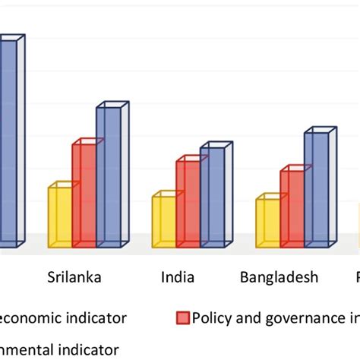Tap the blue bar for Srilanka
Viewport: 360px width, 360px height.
108,177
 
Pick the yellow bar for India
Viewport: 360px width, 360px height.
163,221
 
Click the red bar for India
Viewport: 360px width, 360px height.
188,203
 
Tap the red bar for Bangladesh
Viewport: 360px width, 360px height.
292,208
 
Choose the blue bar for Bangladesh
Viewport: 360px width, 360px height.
316,190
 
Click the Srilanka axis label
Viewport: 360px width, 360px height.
74,277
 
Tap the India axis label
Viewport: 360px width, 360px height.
178,277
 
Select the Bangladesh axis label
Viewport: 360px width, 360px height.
279,277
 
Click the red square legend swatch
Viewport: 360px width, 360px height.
182,317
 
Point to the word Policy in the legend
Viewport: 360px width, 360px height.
210,317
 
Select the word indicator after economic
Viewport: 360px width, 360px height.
96,317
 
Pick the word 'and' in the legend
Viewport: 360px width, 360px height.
245,317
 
